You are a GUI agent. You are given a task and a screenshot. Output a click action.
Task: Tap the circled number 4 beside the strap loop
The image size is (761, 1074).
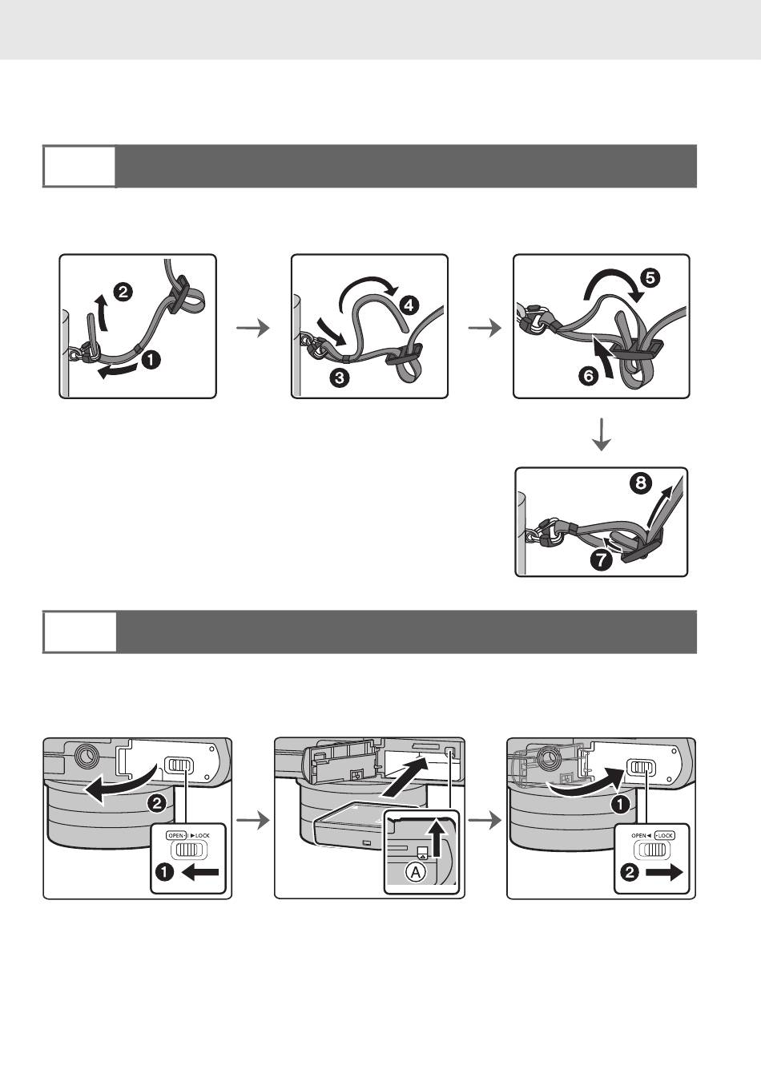pos(409,305)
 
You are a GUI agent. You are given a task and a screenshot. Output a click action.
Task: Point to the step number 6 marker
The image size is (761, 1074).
pos(589,376)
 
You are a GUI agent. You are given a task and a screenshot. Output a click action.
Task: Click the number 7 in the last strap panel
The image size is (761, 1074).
pos(602,560)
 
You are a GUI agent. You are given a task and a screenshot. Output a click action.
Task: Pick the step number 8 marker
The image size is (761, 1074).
pos(641,482)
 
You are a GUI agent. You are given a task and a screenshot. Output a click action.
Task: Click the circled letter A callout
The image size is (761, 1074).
pos(416,872)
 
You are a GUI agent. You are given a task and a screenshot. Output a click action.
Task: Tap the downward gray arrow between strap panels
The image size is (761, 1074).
pos(601,434)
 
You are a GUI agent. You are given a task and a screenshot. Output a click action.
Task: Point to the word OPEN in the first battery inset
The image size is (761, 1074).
pos(175,835)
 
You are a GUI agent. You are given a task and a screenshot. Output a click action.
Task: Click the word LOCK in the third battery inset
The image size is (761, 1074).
pos(665,835)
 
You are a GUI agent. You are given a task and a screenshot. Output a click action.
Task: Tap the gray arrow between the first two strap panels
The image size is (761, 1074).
pos(253,328)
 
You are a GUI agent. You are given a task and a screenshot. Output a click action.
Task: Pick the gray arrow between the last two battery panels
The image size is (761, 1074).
pos(485,822)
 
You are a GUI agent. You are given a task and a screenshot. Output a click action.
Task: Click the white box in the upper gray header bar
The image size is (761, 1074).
pos(79,166)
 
